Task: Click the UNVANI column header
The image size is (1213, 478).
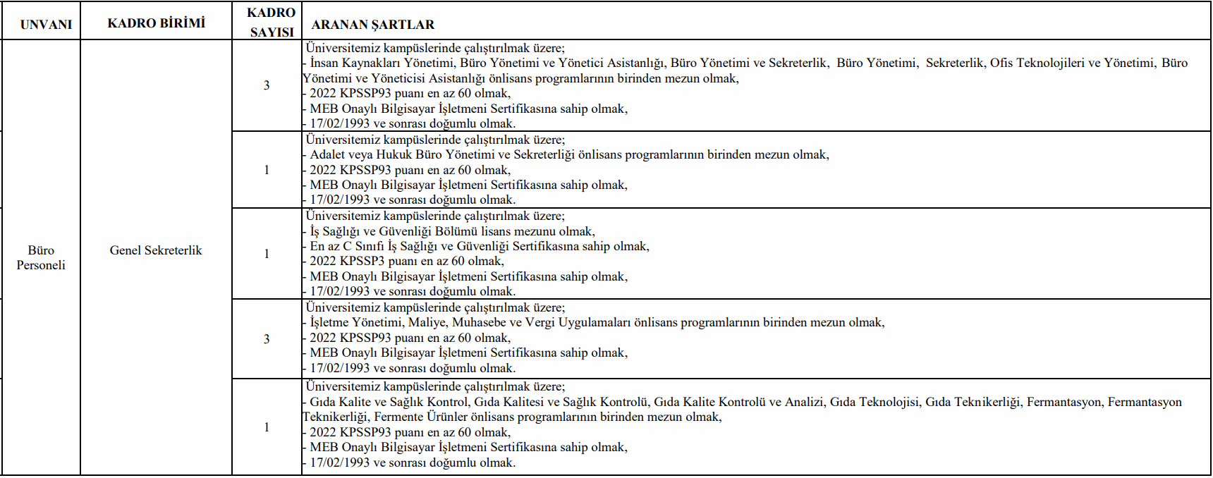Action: pyautogui.click(x=46, y=24)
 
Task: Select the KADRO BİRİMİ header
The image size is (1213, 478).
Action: pyautogui.click(x=156, y=23)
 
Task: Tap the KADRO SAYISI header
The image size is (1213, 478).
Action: pyautogui.click(x=272, y=23)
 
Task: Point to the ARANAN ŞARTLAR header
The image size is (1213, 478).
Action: pyautogui.click(x=372, y=25)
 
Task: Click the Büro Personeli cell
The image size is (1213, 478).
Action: pyautogui.click(x=41, y=257)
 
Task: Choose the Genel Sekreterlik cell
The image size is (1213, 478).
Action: pyautogui.click(x=156, y=250)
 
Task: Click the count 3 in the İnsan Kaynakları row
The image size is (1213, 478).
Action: pyautogui.click(x=267, y=85)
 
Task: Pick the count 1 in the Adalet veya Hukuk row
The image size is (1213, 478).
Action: pyautogui.click(x=267, y=170)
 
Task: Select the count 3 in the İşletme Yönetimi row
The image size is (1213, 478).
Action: pyautogui.click(x=267, y=339)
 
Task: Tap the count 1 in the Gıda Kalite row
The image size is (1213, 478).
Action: pyautogui.click(x=267, y=427)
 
